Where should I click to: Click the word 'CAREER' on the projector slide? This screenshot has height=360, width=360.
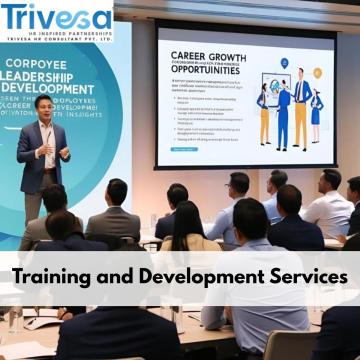pyautogui.click(x=193, y=57)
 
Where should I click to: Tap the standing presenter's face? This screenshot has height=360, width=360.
pyautogui.click(x=44, y=107)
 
